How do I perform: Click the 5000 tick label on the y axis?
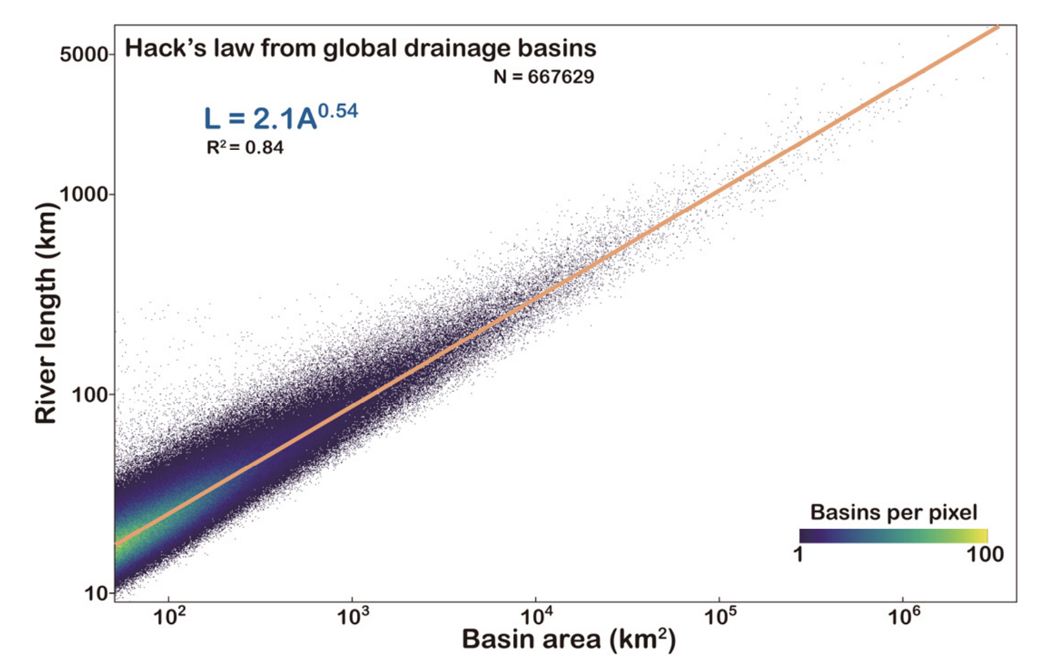point(84,54)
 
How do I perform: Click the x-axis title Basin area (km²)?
point(569,640)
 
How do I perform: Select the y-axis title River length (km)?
point(45,313)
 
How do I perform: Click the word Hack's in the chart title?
point(166,48)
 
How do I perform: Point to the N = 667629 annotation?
point(543,77)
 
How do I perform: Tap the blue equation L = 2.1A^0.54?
point(280,117)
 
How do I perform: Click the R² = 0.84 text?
point(245,148)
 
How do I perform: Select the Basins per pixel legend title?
point(894,513)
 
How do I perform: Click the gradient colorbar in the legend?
point(894,535)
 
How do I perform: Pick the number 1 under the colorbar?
point(798,555)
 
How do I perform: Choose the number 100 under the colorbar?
point(985,555)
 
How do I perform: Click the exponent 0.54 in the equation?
point(338,111)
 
